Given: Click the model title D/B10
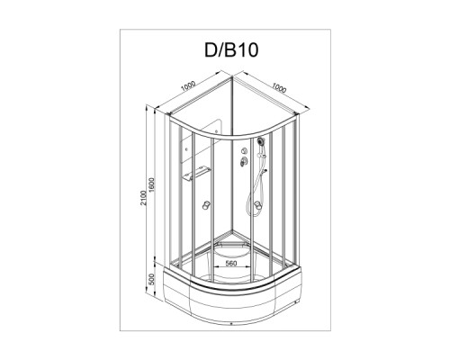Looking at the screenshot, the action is pyautogui.click(x=231, y=50).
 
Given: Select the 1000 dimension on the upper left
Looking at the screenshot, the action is pyautogui.click(x=188, y=86).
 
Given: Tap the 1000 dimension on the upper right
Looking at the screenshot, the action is pyautogui.click(x=279, y=87).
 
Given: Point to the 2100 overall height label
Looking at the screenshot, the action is pyautogui.click(x=144, y=198).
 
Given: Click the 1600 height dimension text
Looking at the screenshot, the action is pyautogui.click(x=151, y=185).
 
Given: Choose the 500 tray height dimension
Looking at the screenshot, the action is pyautogui.click(x=151, y=279).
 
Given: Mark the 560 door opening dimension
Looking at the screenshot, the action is pyautogui.click(x=231, y=263).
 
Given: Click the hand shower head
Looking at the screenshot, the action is pyautogui.click(x=261, y=140).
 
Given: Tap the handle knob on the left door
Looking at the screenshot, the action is pyautogui.click(x=206, y=205).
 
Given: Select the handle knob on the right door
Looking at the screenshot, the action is pyautogui.click(x=257, y=205).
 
